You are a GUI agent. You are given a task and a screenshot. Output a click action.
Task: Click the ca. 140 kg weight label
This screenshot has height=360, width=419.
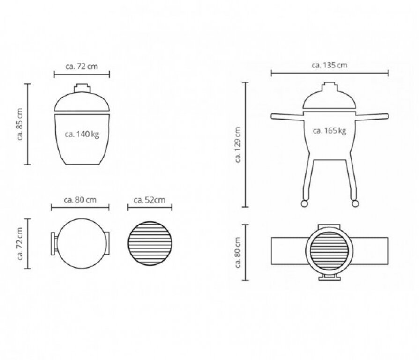point(82,134)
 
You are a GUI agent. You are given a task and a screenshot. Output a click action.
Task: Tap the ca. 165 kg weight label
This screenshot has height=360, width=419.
point(329,131)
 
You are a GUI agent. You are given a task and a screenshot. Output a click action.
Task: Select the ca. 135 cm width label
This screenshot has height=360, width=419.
point(329,65)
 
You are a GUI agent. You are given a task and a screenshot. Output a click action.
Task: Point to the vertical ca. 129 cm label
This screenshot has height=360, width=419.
point(238,144)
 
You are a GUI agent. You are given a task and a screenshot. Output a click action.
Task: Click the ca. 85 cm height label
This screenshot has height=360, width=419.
point(20,124)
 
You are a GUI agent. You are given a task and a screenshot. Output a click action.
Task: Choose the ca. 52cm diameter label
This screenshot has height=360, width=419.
point(150,200)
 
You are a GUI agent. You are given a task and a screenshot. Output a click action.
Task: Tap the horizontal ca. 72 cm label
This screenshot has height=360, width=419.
point(82,66)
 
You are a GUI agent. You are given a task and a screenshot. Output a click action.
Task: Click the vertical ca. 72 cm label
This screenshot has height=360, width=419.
point(20,243)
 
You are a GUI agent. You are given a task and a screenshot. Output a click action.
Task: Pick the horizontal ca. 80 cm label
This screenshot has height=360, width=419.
point(80,200)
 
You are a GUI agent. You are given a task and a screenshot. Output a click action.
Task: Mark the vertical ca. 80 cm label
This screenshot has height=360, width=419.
point(238,252)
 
